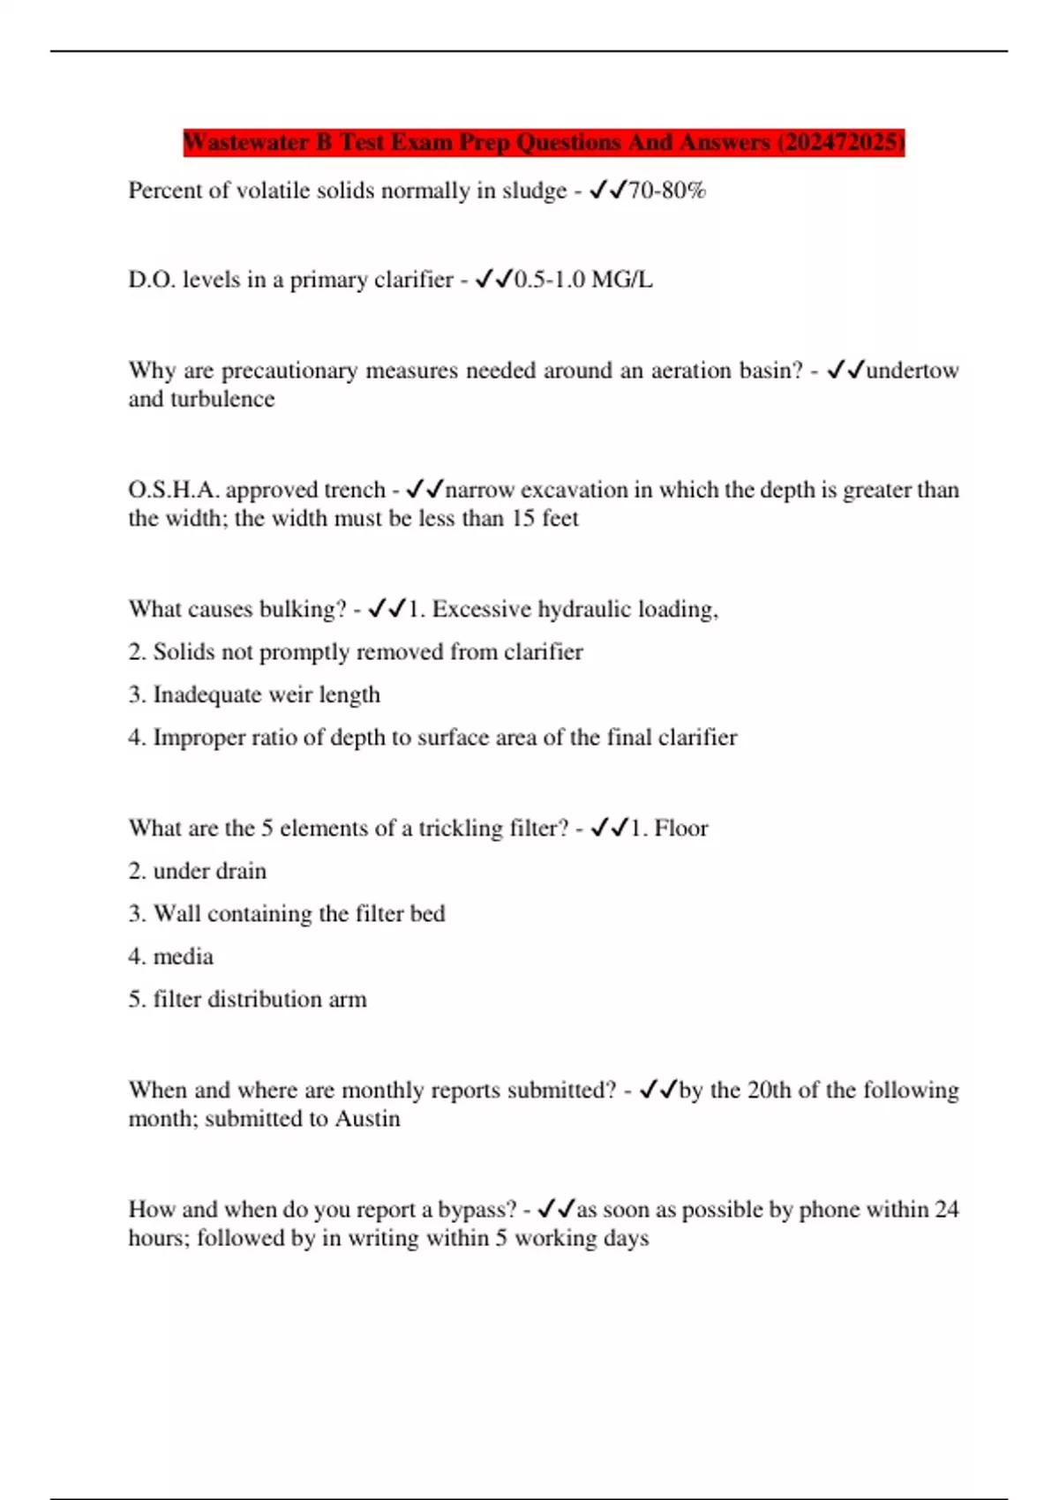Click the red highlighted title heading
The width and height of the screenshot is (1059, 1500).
(x=544, y=142)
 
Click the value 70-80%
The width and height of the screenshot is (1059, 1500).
(x=666, y=191)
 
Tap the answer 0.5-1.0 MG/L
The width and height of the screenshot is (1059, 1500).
(x=583, y=280)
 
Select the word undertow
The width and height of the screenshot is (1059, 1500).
(x=912, y=371)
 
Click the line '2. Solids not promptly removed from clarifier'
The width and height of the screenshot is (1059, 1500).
(x=356, y=652)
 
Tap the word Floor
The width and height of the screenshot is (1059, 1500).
(x=680, y=829)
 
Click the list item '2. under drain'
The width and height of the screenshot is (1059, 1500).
(x=198, y=871)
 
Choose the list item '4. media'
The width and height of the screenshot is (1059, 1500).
(x=171, y=956)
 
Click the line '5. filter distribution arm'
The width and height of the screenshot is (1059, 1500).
(x=247, y=999)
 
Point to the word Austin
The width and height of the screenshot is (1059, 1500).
(x=367, y=1119)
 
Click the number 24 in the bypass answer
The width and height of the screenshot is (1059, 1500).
(x=946, y=1210)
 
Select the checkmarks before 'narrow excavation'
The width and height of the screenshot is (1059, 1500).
(x=424, y=490)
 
